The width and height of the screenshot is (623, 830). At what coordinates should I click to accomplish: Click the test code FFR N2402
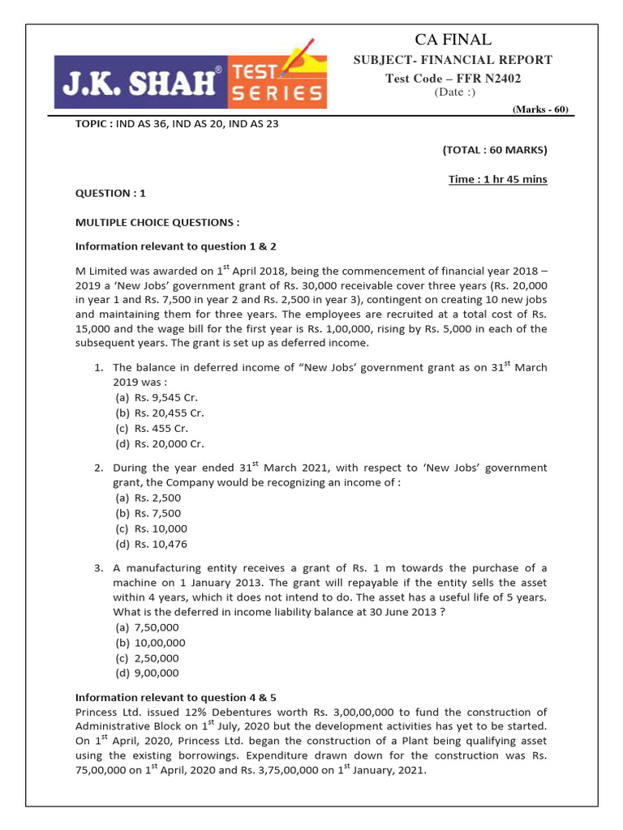pos(453,78)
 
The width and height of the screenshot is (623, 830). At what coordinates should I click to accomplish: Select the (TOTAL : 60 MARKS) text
pos(495,150)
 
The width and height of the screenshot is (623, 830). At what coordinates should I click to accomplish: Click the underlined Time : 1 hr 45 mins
pos(498,179)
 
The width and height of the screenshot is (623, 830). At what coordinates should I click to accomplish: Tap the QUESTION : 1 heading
pos(110,193)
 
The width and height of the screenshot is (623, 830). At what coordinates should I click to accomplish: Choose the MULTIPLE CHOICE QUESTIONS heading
pos(157,221)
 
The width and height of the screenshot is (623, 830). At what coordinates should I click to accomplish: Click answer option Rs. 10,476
pos(148,544)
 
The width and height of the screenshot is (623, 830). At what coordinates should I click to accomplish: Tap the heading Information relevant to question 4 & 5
pos(176,697)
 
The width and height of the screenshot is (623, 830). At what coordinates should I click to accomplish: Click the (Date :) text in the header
pos(453,92)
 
